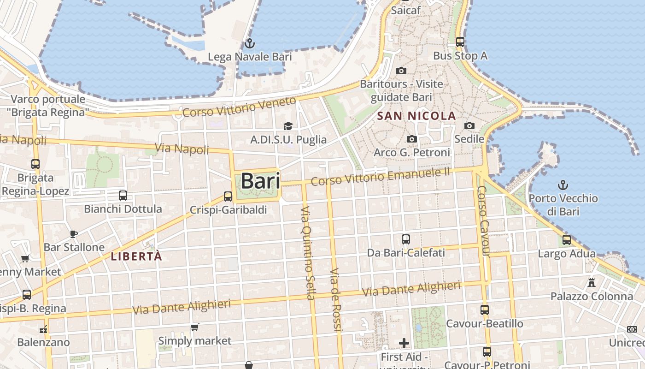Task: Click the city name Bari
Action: coord(260,181)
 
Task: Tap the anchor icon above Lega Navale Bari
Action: coord(249,44)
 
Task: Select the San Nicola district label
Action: coord(416,116)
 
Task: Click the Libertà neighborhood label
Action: coord(137,256)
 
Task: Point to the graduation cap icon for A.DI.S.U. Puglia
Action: coord(288,126)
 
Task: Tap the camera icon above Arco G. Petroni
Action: coord(412,139)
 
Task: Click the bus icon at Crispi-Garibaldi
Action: coord(228,196)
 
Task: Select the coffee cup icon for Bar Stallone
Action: coord(74,234)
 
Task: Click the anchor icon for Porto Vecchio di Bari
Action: coord(563,185)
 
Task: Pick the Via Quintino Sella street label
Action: coord(307,253)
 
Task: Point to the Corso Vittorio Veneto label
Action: coord(239,107)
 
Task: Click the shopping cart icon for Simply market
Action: coord(195,327)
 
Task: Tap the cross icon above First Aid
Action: coord(404,343)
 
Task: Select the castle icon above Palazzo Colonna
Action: coord(592,283)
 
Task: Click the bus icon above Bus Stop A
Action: coord(460,42)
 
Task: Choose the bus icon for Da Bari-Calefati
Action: coord(406,239)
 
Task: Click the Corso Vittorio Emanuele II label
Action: coord(380,177)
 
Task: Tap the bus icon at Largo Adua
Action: coord(567,240)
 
